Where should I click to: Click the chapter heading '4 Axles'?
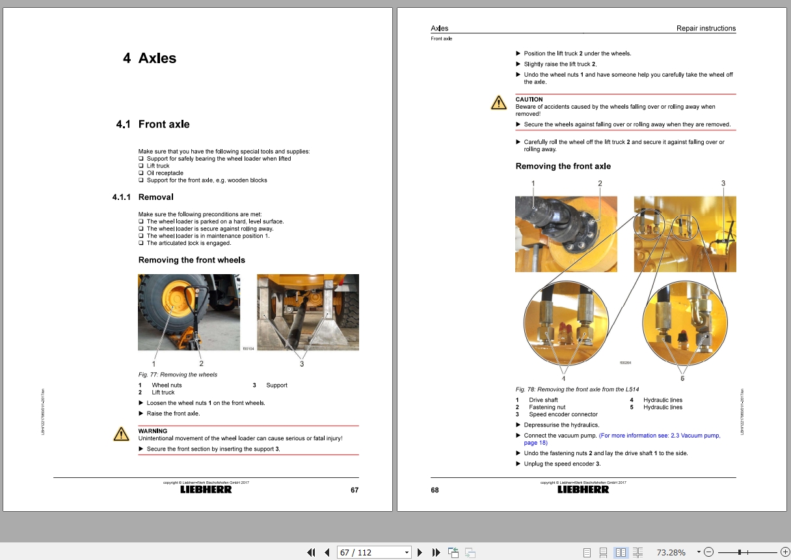150,58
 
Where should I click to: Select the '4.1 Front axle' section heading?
153,124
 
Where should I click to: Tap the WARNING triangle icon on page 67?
121,434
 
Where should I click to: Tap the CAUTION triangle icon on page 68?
498,103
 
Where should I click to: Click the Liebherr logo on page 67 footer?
206,490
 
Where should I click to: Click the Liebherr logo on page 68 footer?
583,490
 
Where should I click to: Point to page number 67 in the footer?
355,490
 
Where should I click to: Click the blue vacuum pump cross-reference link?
659,436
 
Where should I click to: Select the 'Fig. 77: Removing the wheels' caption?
178,374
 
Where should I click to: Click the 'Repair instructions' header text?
706,29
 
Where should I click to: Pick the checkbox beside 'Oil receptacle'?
141,173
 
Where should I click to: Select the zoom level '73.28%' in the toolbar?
671,552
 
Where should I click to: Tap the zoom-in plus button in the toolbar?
784,552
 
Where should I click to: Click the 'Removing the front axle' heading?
563,166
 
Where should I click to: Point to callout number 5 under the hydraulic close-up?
682,378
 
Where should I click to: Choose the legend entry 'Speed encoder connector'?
563,414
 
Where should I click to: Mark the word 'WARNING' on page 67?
153,431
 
